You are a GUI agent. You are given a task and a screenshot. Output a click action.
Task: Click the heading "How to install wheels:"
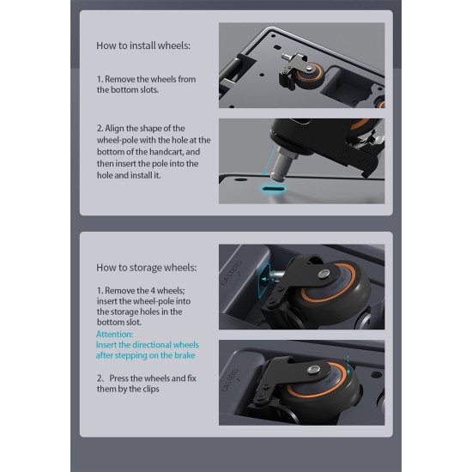coord(143,45)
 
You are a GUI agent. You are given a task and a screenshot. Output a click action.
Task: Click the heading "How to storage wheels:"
coord(146,268)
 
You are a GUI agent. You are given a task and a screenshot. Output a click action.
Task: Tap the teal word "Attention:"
coord(115,335)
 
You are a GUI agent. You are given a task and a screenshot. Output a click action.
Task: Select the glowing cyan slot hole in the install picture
coord(273,189)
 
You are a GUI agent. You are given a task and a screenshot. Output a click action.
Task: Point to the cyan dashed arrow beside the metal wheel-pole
coord(269,160)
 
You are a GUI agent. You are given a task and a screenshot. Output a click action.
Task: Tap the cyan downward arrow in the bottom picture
coord(348,365)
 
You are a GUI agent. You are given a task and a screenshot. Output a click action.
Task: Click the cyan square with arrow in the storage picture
coord(264,281)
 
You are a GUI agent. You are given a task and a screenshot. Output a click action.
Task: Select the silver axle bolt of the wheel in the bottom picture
coord(313,369)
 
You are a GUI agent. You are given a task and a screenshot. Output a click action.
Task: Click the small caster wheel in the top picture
coord(310,75)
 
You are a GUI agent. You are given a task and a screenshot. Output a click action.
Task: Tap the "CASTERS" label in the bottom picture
coord(232,380)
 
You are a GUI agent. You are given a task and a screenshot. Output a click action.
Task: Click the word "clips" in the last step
coord(151,389)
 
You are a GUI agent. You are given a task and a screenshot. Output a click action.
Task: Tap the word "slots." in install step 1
coord(149,90)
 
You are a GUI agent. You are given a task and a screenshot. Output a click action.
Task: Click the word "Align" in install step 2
coord(115,129)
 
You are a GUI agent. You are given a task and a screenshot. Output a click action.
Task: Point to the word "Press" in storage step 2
coord(119,378)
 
